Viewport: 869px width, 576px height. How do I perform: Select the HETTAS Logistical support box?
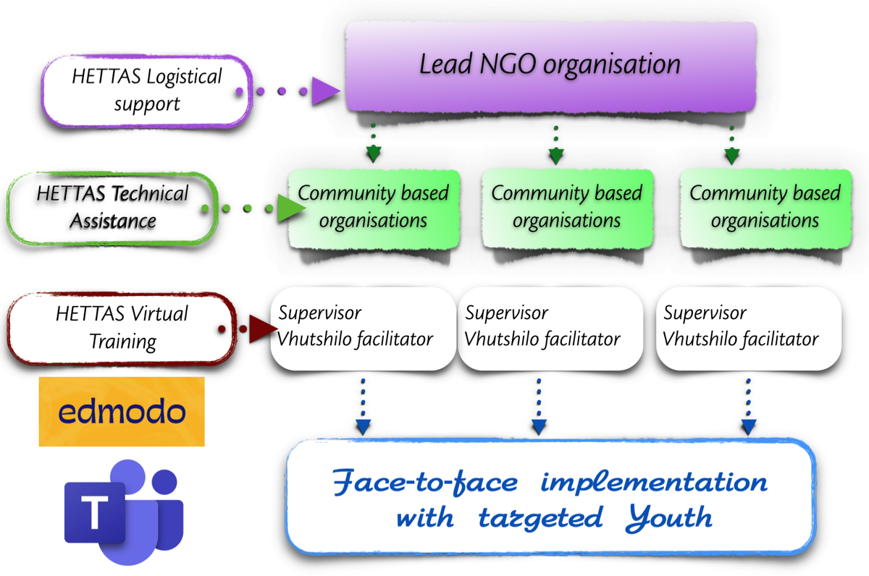tap(147, 91)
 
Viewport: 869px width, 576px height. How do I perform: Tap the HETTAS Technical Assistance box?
tap(112, 208)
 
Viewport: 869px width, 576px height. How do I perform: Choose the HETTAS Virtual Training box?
tap(122, 328)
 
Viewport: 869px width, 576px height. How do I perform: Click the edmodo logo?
tap(122, 412)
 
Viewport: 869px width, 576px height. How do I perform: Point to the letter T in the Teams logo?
tap(94, 512)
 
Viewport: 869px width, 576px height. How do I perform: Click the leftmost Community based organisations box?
tap(374, 208)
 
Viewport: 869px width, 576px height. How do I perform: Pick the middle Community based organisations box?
tap(567, 208)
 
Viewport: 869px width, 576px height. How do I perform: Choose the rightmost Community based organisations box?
tap(766, 208)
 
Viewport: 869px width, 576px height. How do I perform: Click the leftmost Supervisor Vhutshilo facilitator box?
tap(363, 328)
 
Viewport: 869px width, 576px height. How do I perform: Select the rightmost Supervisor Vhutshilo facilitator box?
tap(749, 328)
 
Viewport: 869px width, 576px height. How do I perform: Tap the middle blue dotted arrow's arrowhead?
tap(539, 427)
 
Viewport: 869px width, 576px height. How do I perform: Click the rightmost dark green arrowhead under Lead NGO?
tap(731, 156)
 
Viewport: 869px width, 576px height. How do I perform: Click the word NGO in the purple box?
tap(508, 64)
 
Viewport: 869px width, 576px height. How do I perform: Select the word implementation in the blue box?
tap(654, 483)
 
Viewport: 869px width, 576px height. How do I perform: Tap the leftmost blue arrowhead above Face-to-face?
tap(363, 427)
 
